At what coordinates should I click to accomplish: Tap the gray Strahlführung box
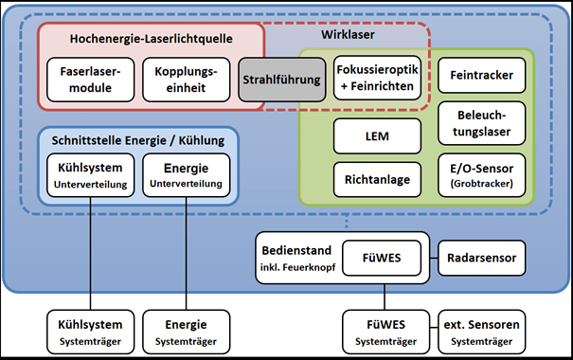(279, 81)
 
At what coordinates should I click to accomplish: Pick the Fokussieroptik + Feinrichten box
(377, 74)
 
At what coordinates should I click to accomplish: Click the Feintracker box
(478, 74)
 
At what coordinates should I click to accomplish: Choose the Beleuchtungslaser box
(478, 124)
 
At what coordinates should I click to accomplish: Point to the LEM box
(377, 135)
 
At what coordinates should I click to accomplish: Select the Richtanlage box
(377, 176)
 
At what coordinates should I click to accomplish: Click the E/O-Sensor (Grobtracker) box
(478, 176)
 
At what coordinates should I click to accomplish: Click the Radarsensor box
(480, 256)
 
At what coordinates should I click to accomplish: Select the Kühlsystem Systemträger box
(90, 333)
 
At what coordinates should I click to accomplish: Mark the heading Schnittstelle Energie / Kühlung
(137, 139)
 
